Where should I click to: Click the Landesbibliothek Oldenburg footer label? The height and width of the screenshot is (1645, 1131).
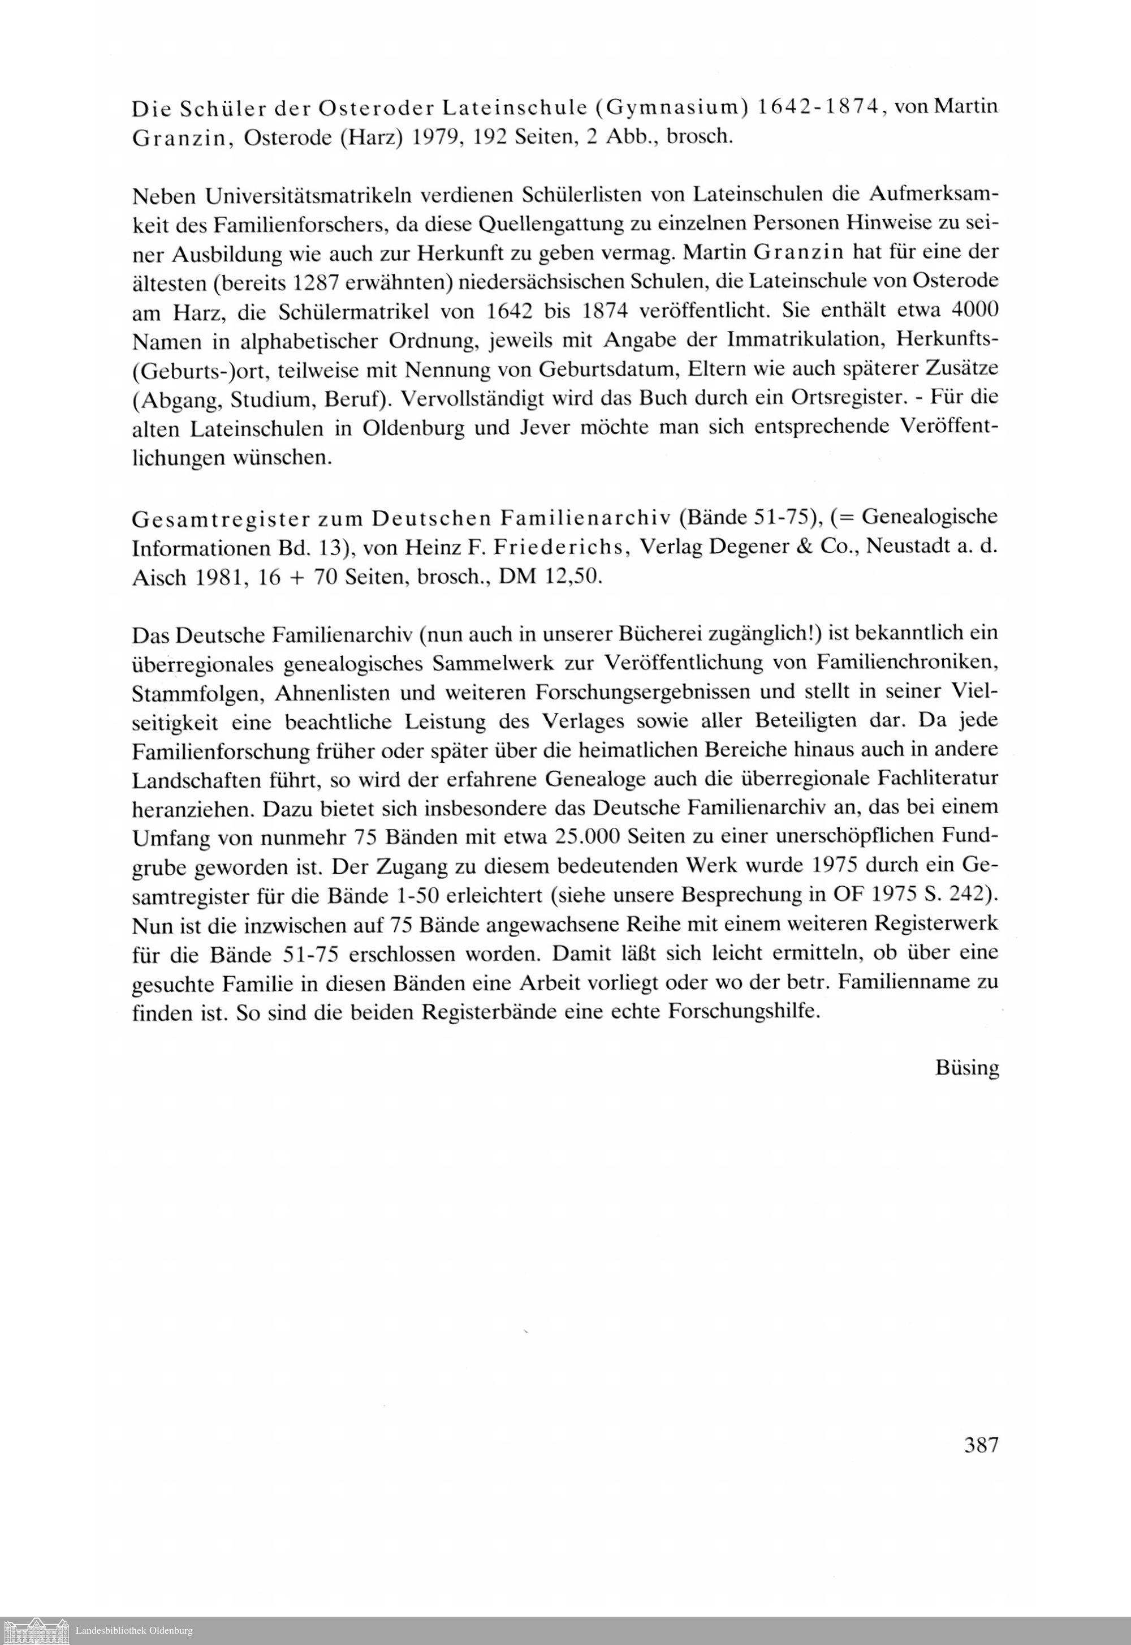134,1631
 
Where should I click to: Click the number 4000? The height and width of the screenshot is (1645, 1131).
974,311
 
